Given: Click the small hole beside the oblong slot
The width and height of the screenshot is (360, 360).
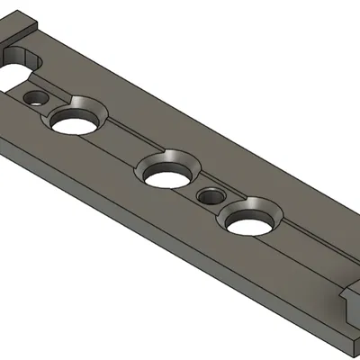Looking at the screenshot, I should coord(36,96).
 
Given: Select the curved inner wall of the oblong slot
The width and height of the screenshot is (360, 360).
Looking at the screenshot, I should coord(31,61).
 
